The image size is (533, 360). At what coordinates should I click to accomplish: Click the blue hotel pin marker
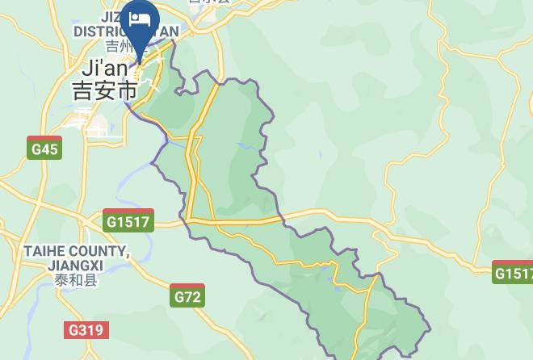coord(139,24)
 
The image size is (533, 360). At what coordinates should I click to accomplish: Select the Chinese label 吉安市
coord(105,90)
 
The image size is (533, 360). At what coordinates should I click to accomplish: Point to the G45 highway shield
coord(44,149)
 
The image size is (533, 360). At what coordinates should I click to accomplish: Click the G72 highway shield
coord(187,297)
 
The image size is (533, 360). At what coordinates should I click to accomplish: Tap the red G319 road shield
coord(86,329)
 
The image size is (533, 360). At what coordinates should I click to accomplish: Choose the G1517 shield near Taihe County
coord(128,220)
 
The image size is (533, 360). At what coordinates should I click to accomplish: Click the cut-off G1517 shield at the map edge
coord(513,273)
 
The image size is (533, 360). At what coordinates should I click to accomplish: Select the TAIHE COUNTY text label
coord(76,252)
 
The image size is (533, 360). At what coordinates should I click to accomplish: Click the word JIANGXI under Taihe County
coord(75,266)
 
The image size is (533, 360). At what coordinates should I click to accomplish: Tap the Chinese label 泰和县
coord(76,280)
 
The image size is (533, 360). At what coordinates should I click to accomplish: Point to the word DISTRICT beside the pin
coord(100,31)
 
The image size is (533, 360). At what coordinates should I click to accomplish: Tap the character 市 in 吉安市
coord(127,90)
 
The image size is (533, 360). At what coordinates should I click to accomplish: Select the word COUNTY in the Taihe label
coord(103,252)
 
